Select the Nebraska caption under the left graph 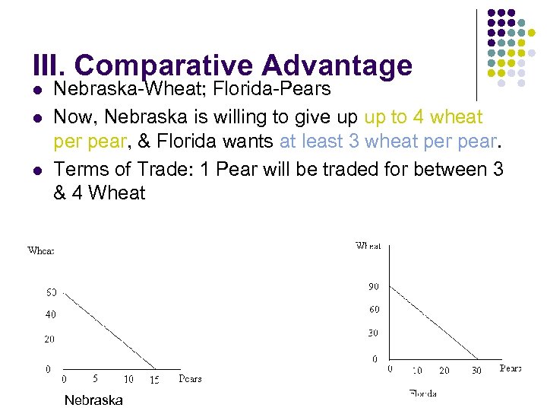[93, 400]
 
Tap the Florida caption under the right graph [422, 393]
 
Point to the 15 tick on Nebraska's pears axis [154, 379]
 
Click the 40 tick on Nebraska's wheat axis [50, 314]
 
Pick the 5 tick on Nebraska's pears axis [95, 378]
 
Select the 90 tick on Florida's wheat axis [374, 286]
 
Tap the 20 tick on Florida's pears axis [444, 371]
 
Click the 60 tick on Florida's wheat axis [374, 310]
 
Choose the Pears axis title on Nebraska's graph [191, 378]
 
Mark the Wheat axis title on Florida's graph [368, 246]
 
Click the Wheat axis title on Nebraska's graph [41, 250]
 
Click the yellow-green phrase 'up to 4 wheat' [423, 117]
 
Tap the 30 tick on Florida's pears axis [476, 371]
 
